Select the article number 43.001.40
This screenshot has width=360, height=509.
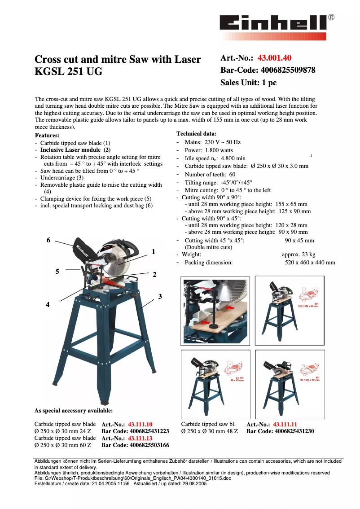pos(274,58)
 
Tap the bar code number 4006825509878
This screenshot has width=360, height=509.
pos(286,70)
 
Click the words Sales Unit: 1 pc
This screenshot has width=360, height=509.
pos(248,83)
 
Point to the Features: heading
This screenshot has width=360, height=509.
pos(47,135)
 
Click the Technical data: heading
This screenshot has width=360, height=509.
pos(196,133)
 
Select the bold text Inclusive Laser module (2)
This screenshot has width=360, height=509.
pos(75,150)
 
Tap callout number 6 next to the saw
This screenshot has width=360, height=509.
pos(48,240)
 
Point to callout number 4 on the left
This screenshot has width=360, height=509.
pos(48,305)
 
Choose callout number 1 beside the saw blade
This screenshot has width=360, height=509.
pos(154,252)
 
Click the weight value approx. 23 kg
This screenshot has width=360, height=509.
pos(298,254)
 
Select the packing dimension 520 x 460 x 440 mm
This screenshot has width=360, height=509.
pos(310,263)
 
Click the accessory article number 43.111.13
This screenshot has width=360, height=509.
pos(140,439)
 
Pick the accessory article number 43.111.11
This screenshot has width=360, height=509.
pos(285,424)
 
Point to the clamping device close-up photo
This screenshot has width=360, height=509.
pos(215,310)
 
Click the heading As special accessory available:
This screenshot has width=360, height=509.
pos(74,410)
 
